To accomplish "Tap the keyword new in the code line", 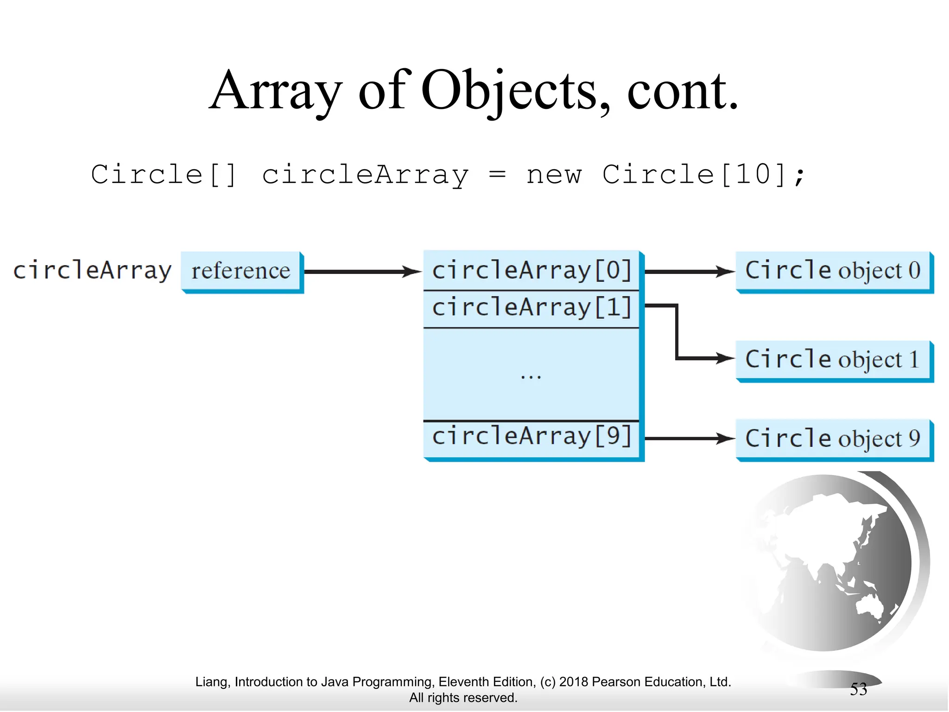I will click(x=553, y=175).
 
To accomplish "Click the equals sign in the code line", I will click(x=497, y=175).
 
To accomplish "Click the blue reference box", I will click(x=241, y=271).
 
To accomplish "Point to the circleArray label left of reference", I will click(x=92, y=270).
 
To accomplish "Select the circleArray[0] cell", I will click(x=531, y=270).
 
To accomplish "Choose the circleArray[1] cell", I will click(x=531, y=308).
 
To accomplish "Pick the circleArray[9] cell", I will click(x=531, y=437).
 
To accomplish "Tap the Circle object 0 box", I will click(x=833, y=271).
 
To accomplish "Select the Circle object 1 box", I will click(x=833, y=360).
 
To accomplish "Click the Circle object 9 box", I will click(x=833, y=439).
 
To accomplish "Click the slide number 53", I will click(x=858, y=689).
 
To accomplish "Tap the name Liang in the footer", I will click(x=211, y=682).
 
